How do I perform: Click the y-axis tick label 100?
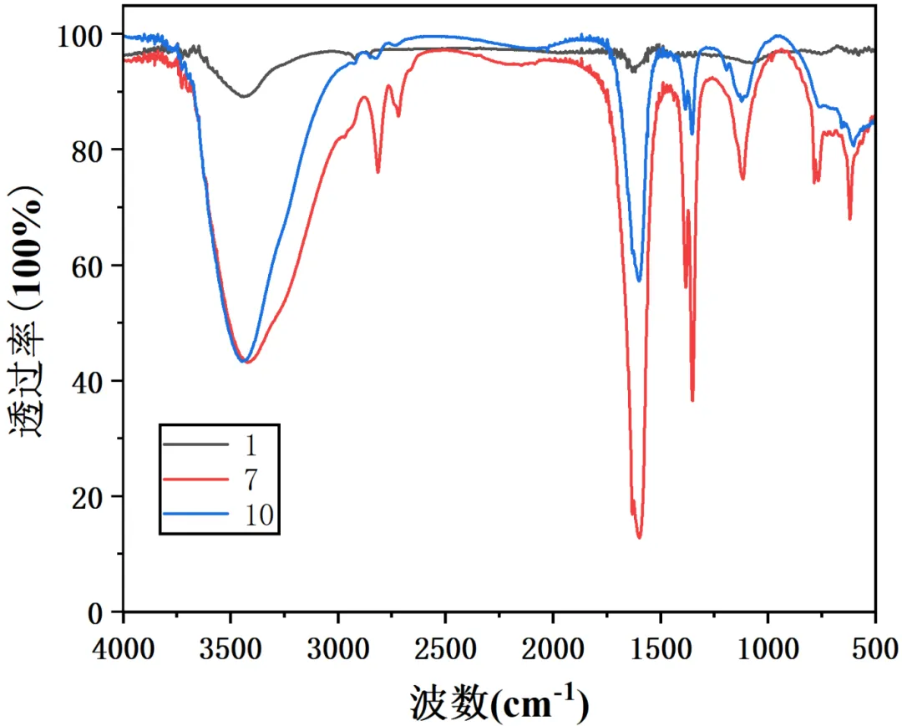click(82, 35)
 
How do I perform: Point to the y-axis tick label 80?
click(90, 150)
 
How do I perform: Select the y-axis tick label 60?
click(90, 266)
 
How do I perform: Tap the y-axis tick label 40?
click(90, 382)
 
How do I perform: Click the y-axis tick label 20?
click(90, 497)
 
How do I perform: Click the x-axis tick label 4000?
click(124, 648)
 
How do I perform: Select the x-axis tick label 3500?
click(231, 648)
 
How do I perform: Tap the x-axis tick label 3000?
click(338, 648)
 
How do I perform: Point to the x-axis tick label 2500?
click(446, 648)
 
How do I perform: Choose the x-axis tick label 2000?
click(553, 648)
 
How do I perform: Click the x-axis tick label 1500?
click(661, 648)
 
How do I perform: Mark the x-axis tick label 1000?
click(768, 648)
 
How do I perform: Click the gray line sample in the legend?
click(195, 444)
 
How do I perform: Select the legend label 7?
click(252, 480)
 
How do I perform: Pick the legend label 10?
click(260, 515)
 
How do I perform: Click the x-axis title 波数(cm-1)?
click(499, 703)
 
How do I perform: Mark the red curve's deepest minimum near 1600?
click(640, 537)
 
